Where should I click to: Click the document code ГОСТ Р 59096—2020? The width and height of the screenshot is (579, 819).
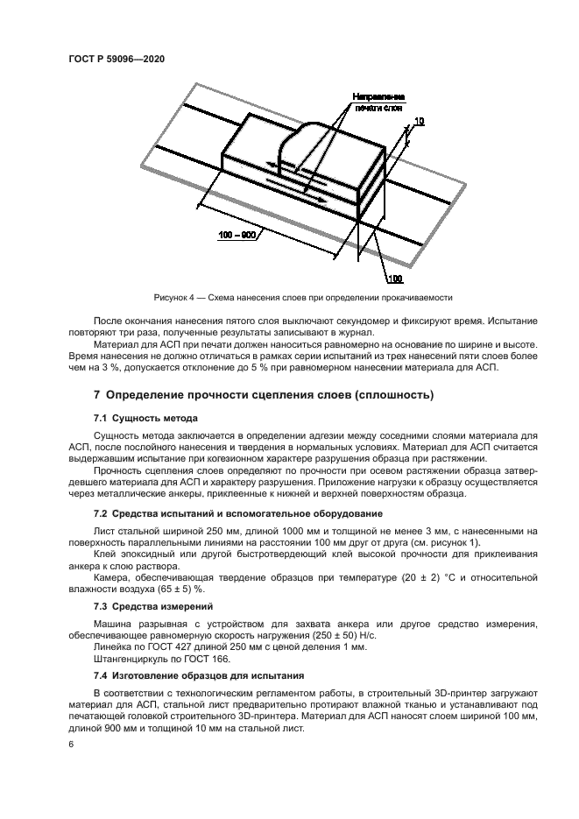coord(117,59)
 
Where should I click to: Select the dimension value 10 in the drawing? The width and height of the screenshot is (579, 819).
coord(420,121)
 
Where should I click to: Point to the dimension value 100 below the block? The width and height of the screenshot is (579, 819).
coord(394,279)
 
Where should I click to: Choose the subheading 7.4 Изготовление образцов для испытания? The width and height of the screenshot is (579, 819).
coord(199,675)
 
